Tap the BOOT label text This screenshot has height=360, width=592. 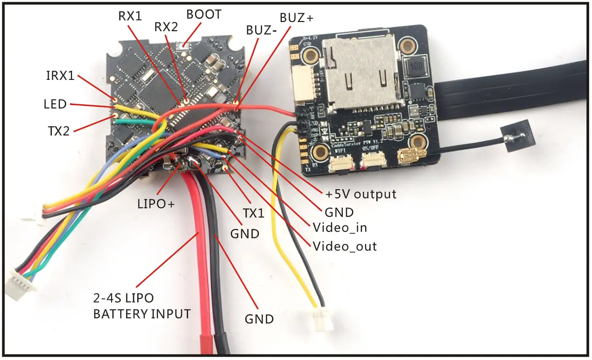(x=203, y=14)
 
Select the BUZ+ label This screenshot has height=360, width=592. (x=296, y=18)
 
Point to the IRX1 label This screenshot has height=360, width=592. (x=60, y=76)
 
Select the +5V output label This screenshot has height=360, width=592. (x=361, y=194)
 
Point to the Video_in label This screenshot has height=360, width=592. (x=340, y=227)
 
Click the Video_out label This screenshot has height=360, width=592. (x=345, y=246)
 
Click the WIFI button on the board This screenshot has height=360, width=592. (x=340, y=163)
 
